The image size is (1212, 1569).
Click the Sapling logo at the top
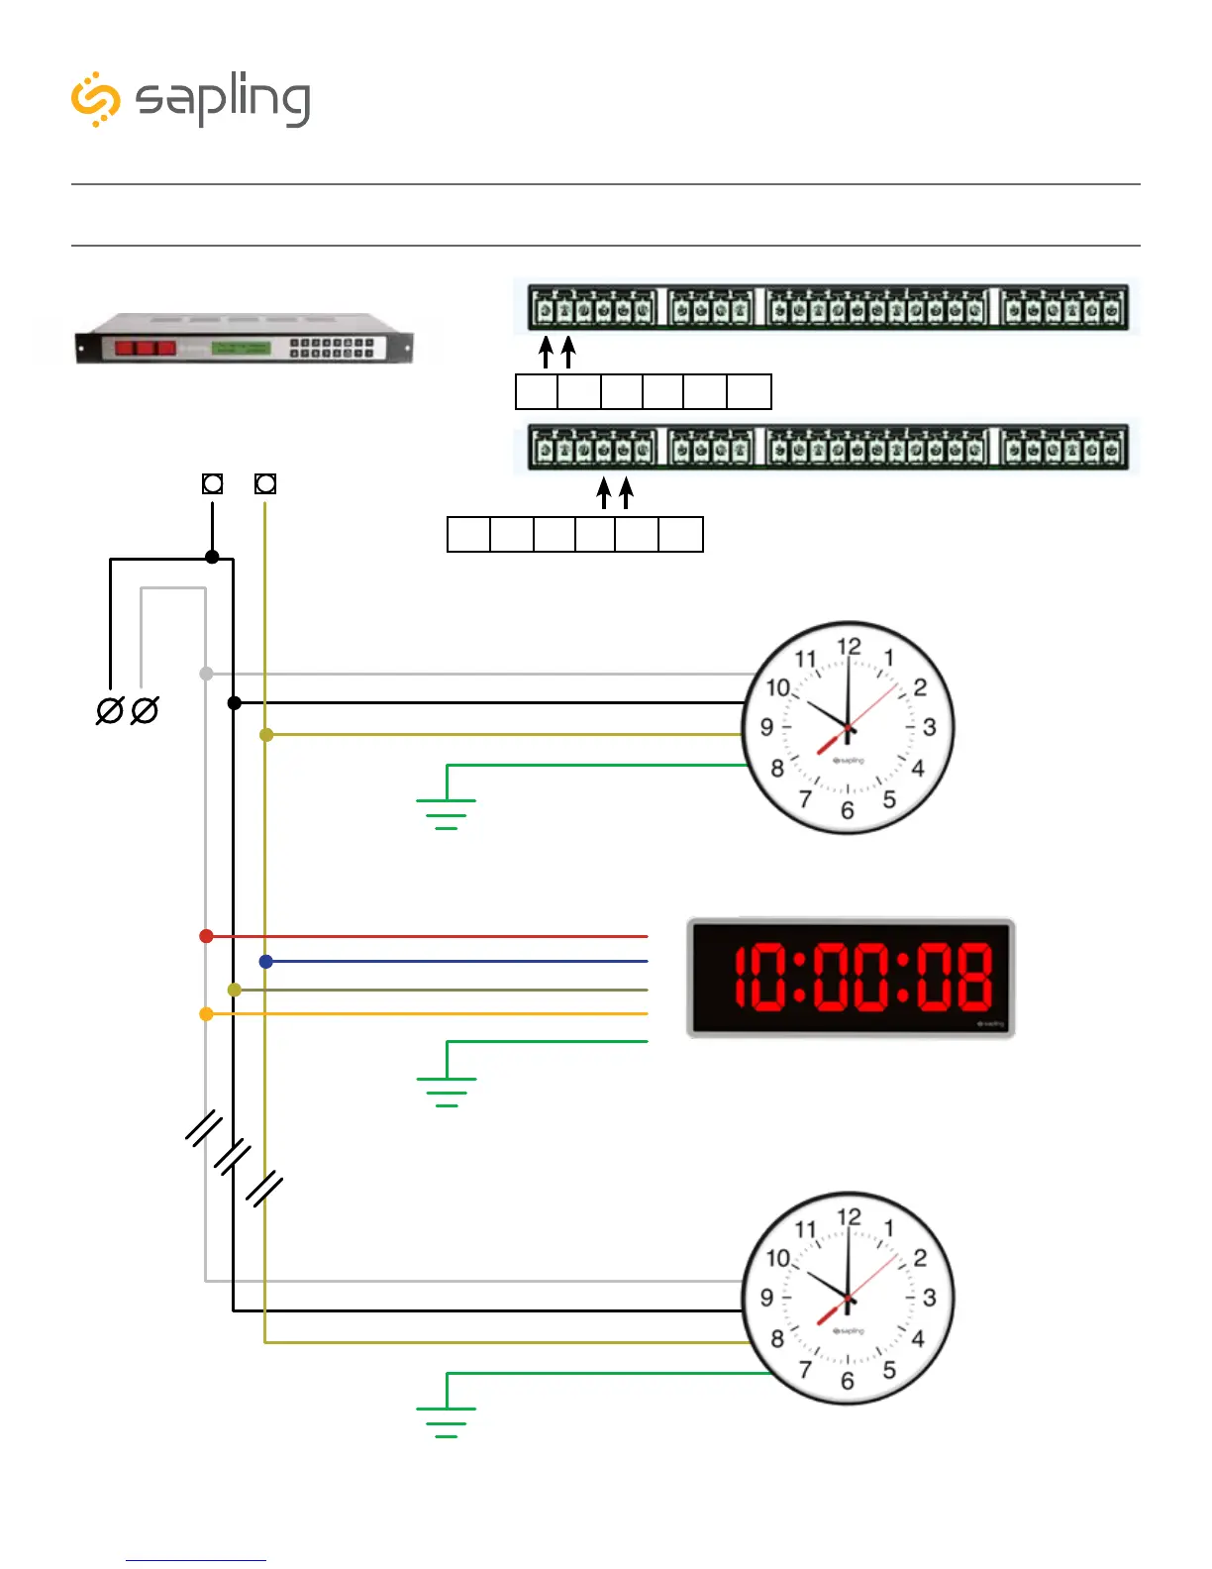coord(191,99)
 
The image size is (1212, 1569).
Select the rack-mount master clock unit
coord(244,339)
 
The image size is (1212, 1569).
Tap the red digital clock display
coord(852,978)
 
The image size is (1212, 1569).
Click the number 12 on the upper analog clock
coord(849,647)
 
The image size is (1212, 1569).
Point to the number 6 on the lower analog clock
coord(847,1381)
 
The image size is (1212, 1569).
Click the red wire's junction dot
coord(206,936)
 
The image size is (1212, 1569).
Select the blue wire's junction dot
coord(265,962)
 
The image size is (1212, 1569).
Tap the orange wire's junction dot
coord(206,1014)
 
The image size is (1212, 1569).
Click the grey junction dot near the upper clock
coord(206,674)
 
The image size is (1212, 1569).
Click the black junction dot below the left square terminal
coord(212,557)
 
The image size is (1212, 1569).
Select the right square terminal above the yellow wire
coord(265,483)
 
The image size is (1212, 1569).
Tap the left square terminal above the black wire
coord(212,483)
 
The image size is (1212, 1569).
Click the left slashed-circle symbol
coord(109,710)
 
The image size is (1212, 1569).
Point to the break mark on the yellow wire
coord(264,1189)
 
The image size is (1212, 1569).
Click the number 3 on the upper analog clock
coord(929,727)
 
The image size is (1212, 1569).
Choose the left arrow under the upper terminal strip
coord(546,352)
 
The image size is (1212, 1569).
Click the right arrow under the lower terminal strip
coord(626,492)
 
